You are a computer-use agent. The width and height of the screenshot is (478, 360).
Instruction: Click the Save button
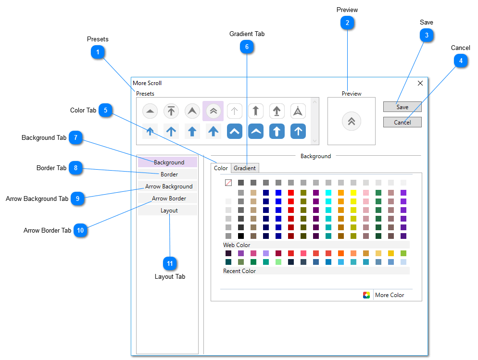coord(402,107)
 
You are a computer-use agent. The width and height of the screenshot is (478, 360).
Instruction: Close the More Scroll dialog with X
coord(420,83)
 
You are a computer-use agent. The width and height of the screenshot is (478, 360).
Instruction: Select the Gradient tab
coord(245,168)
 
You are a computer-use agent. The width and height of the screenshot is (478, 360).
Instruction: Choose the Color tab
coord(221,168)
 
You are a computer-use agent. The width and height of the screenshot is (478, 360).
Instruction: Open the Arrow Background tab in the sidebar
coord(169,186)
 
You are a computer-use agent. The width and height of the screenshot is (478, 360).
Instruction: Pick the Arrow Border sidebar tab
coord(169,199)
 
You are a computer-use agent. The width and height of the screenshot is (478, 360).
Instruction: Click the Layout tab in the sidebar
coord(169,211)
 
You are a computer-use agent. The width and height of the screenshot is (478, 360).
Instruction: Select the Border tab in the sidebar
coord(169,174)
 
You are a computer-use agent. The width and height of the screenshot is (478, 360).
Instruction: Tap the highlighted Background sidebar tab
coord(169,162)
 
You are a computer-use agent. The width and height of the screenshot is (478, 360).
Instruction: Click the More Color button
coord(389,295)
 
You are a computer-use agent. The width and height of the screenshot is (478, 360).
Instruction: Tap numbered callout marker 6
coord(247,47)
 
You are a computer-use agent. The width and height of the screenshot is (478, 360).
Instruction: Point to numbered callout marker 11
coord(169,263)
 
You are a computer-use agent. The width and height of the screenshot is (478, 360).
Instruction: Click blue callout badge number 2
coord(347,23)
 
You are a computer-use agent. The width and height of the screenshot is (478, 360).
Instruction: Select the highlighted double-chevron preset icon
coord(213,111)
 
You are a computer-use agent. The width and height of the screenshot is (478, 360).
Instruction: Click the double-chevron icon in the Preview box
coord(352,122)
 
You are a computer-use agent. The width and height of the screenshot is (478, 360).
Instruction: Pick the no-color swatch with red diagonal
coord(228,183)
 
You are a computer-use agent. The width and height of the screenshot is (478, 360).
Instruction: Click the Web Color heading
coord(237,245)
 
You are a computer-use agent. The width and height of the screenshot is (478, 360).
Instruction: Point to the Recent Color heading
coord(239,271)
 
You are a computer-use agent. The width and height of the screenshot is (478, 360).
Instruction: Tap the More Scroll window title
coord(147,83)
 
